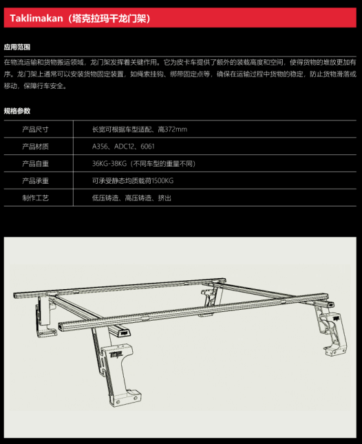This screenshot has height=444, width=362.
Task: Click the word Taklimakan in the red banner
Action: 36,18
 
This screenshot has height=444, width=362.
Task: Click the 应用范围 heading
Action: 17,47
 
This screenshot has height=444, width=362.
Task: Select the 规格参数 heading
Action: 17,111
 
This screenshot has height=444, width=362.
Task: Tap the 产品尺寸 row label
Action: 35,129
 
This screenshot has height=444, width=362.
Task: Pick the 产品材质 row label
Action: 35,147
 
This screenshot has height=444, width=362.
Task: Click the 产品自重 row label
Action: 35,164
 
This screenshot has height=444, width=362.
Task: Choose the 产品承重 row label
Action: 35,180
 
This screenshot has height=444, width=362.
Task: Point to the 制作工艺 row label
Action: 35,198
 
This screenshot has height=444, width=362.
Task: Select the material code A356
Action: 100,147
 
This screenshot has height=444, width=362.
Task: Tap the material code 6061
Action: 147,147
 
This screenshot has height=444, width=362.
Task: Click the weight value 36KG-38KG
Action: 109,164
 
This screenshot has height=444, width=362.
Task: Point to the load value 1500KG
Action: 162,180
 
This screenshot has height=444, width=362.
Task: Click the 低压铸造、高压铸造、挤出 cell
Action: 131,198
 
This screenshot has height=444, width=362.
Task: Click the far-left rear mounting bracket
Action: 45,317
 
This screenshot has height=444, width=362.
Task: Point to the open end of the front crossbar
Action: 63,326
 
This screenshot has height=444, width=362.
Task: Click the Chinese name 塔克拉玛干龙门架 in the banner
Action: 109,18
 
